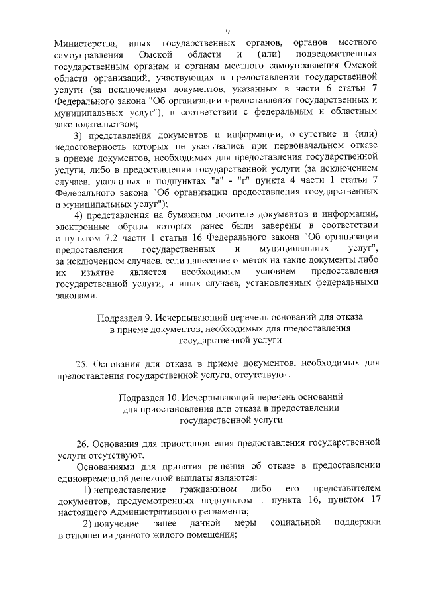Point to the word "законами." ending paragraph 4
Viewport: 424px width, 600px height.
pyautogui.click(x=77, y=296)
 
